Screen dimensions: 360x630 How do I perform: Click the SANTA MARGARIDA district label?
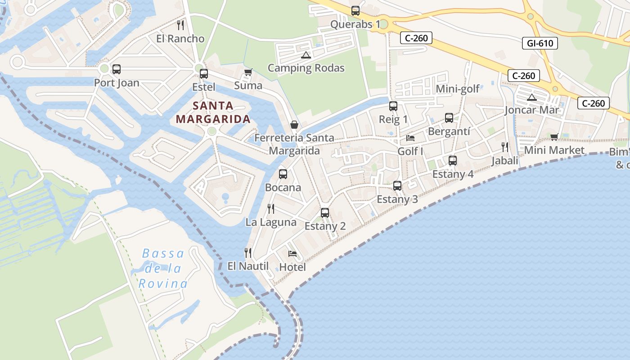(212, 112)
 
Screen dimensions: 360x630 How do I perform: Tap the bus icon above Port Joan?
(117, 69)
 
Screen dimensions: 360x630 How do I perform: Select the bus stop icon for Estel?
(204, 74)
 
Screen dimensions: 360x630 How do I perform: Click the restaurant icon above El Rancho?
(180, 25)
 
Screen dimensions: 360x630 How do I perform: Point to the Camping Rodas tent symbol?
(306, 55)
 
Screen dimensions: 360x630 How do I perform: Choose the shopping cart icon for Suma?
(248, 72)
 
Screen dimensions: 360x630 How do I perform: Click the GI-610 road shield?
(540, 43)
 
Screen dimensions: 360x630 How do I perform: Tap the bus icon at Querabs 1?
(355, 11)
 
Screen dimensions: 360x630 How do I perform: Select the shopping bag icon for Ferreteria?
(294, 125)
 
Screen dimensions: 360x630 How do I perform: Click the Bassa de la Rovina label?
(163, 269)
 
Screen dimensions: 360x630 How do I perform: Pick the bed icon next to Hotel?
(292, 254)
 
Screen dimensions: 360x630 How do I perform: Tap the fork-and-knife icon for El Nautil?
(247, 253)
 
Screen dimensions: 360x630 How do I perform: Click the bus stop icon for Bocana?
(283, 174)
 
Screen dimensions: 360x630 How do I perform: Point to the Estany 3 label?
(397, 199)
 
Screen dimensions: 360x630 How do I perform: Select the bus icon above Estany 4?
(453, 161)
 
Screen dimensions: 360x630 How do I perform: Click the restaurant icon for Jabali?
(505, 147)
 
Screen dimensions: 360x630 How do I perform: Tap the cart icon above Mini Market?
(554, 137)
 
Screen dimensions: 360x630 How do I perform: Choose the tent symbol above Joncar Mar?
(532, 97)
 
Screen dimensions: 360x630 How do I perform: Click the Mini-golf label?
(458, 89)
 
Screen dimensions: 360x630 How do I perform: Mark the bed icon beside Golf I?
(410, 138)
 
